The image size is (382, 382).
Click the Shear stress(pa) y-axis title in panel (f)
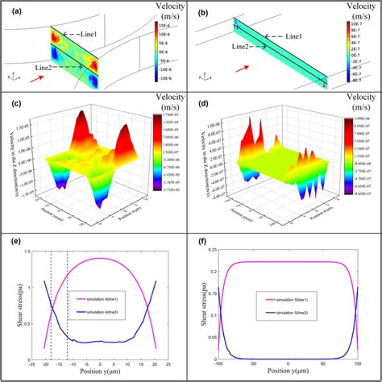201,307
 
